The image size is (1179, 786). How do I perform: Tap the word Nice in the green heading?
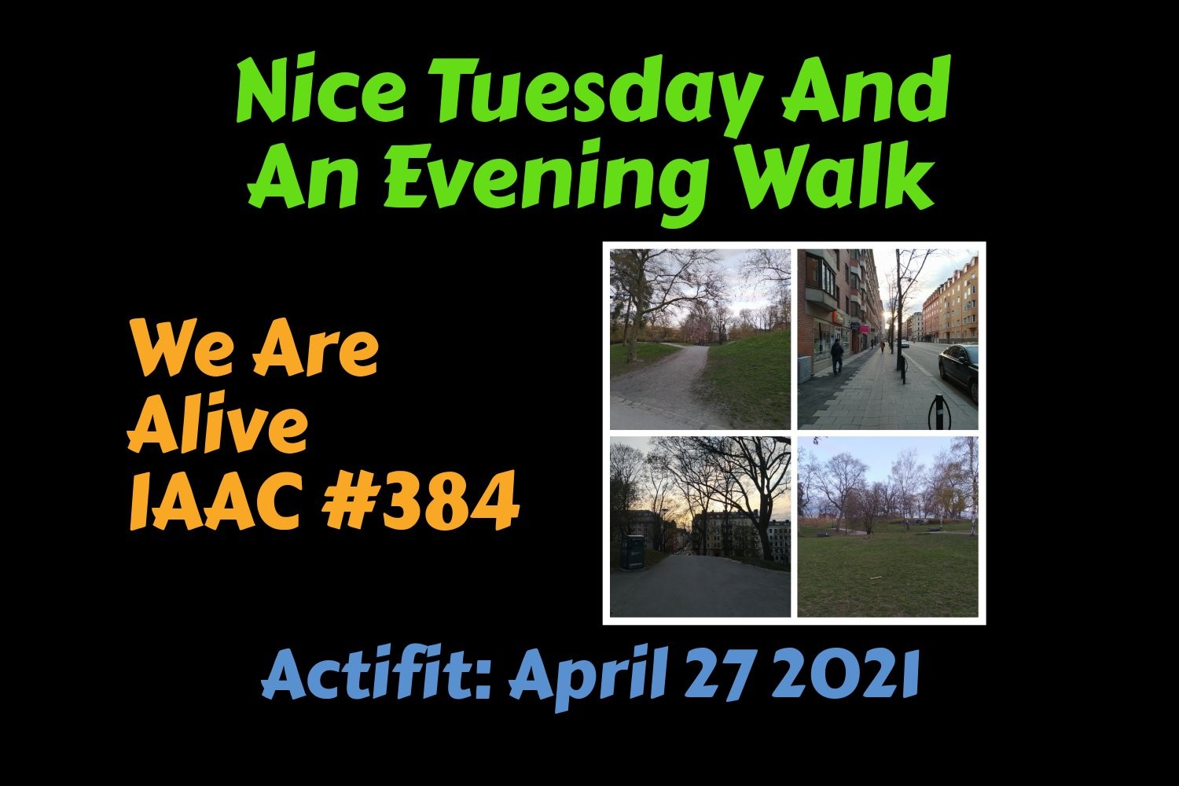320,88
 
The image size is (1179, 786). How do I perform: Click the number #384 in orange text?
421,501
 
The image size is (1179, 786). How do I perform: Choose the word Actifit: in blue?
376,674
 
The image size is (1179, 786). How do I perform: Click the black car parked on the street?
959,370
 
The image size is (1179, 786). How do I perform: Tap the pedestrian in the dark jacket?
837,356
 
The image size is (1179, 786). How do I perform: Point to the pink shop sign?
864,330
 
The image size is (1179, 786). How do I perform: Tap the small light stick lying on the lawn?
877,578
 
